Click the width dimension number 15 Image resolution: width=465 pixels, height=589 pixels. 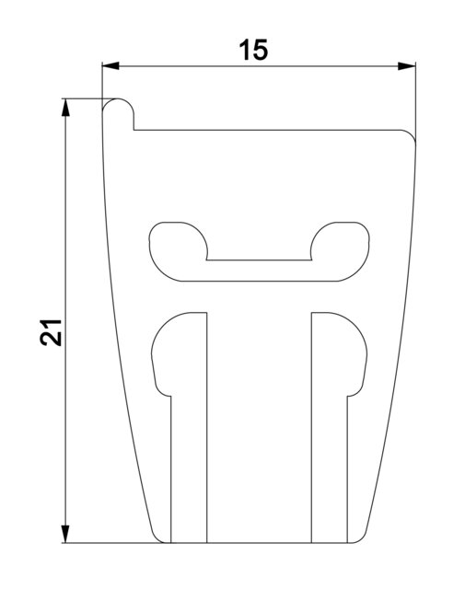(x=254, y=50)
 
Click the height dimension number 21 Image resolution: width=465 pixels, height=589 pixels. (x=51, y=332)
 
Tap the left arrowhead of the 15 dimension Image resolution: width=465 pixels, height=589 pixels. (x=110, y=66)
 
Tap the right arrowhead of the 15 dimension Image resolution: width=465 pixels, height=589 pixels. (x=407, y=66)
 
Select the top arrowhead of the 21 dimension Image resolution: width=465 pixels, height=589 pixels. (x=65, y=108)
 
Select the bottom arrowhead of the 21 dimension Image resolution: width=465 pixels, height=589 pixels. (x=65, y=534)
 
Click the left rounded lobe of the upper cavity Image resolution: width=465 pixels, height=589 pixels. (x=178, y=248)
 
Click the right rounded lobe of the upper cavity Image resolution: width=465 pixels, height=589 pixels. (x=340, y=248)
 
